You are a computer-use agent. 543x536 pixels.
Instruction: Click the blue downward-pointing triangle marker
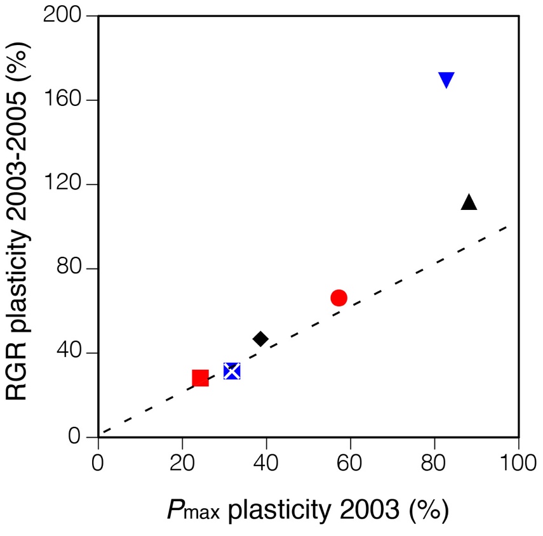click(x=446, y=80)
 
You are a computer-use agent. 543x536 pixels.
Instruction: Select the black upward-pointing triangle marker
click(x=469, y=202)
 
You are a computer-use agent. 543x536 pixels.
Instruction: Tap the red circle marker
click(x=339, y=298)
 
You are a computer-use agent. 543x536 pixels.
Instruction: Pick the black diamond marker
click(x=260, y=339)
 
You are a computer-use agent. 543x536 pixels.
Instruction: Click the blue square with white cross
click(x=232, y=371)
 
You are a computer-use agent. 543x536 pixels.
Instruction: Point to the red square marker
click(x=200, y=378)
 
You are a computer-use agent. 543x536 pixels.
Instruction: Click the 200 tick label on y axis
click(x=66, y=16)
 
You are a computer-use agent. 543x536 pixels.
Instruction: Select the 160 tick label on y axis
click(x=66, y=100)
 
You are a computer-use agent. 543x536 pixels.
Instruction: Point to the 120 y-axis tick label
click(x=66, y=185)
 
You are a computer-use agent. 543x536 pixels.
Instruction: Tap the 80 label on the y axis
click(x=73, y=269)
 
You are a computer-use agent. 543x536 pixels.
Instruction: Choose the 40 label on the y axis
click(x=73, y=353)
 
